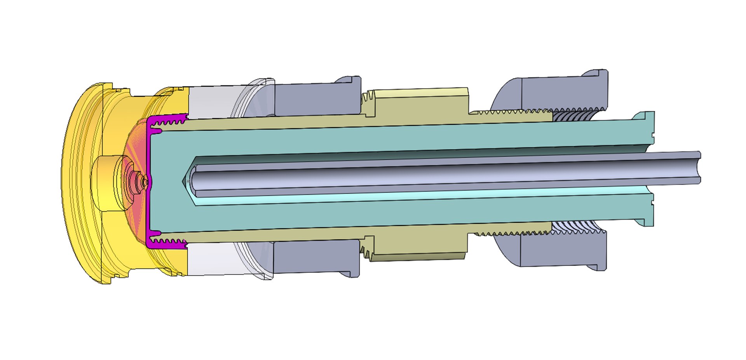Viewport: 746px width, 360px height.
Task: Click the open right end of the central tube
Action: [x=698, y=167]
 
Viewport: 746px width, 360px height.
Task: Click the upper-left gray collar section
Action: [x=317, y=99]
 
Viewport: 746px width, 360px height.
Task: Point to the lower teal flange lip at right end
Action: [x=645, y=222]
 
